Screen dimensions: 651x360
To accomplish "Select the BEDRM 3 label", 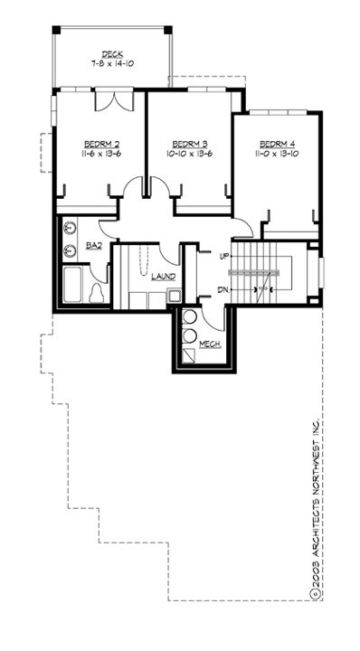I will (x=190, y=144).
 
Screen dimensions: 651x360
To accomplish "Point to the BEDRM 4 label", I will (x=277, y=144).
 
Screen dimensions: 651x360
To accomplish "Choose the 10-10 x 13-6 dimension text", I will (x=190, y=155).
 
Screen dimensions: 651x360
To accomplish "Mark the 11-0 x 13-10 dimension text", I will (x=277, y=155).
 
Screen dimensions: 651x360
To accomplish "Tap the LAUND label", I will (x=163, y=277).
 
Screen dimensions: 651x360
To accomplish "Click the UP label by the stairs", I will (x=225, y=256).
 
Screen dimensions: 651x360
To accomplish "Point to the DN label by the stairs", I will (x=223, y=289).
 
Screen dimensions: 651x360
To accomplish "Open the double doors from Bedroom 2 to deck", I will (x=116, y=99).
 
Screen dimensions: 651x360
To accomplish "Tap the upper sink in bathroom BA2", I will (x=70, y=230).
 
